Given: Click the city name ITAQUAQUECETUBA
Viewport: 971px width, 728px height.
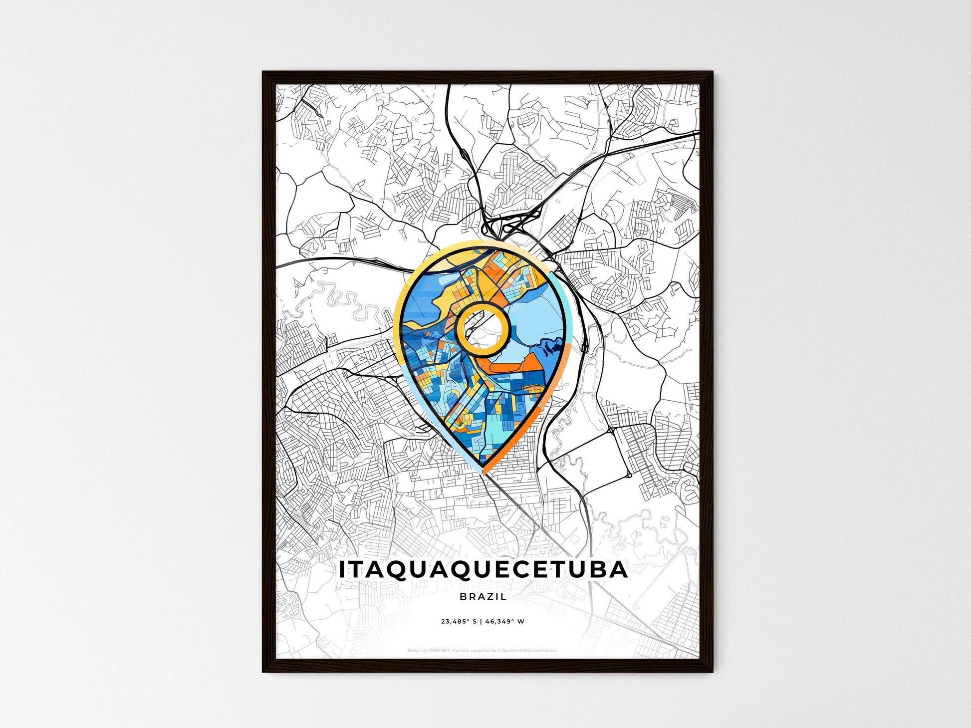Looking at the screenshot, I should coord(483,570).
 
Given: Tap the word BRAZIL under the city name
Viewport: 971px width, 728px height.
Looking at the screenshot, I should coord(483,596).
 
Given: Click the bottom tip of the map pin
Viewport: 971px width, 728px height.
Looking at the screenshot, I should coord(483,472).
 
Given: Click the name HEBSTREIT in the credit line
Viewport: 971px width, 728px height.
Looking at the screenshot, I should coord(439,651).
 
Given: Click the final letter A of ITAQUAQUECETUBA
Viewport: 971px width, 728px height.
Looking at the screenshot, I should coord(618,570).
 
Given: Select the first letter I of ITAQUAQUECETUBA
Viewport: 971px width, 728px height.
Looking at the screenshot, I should coord(342,570).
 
